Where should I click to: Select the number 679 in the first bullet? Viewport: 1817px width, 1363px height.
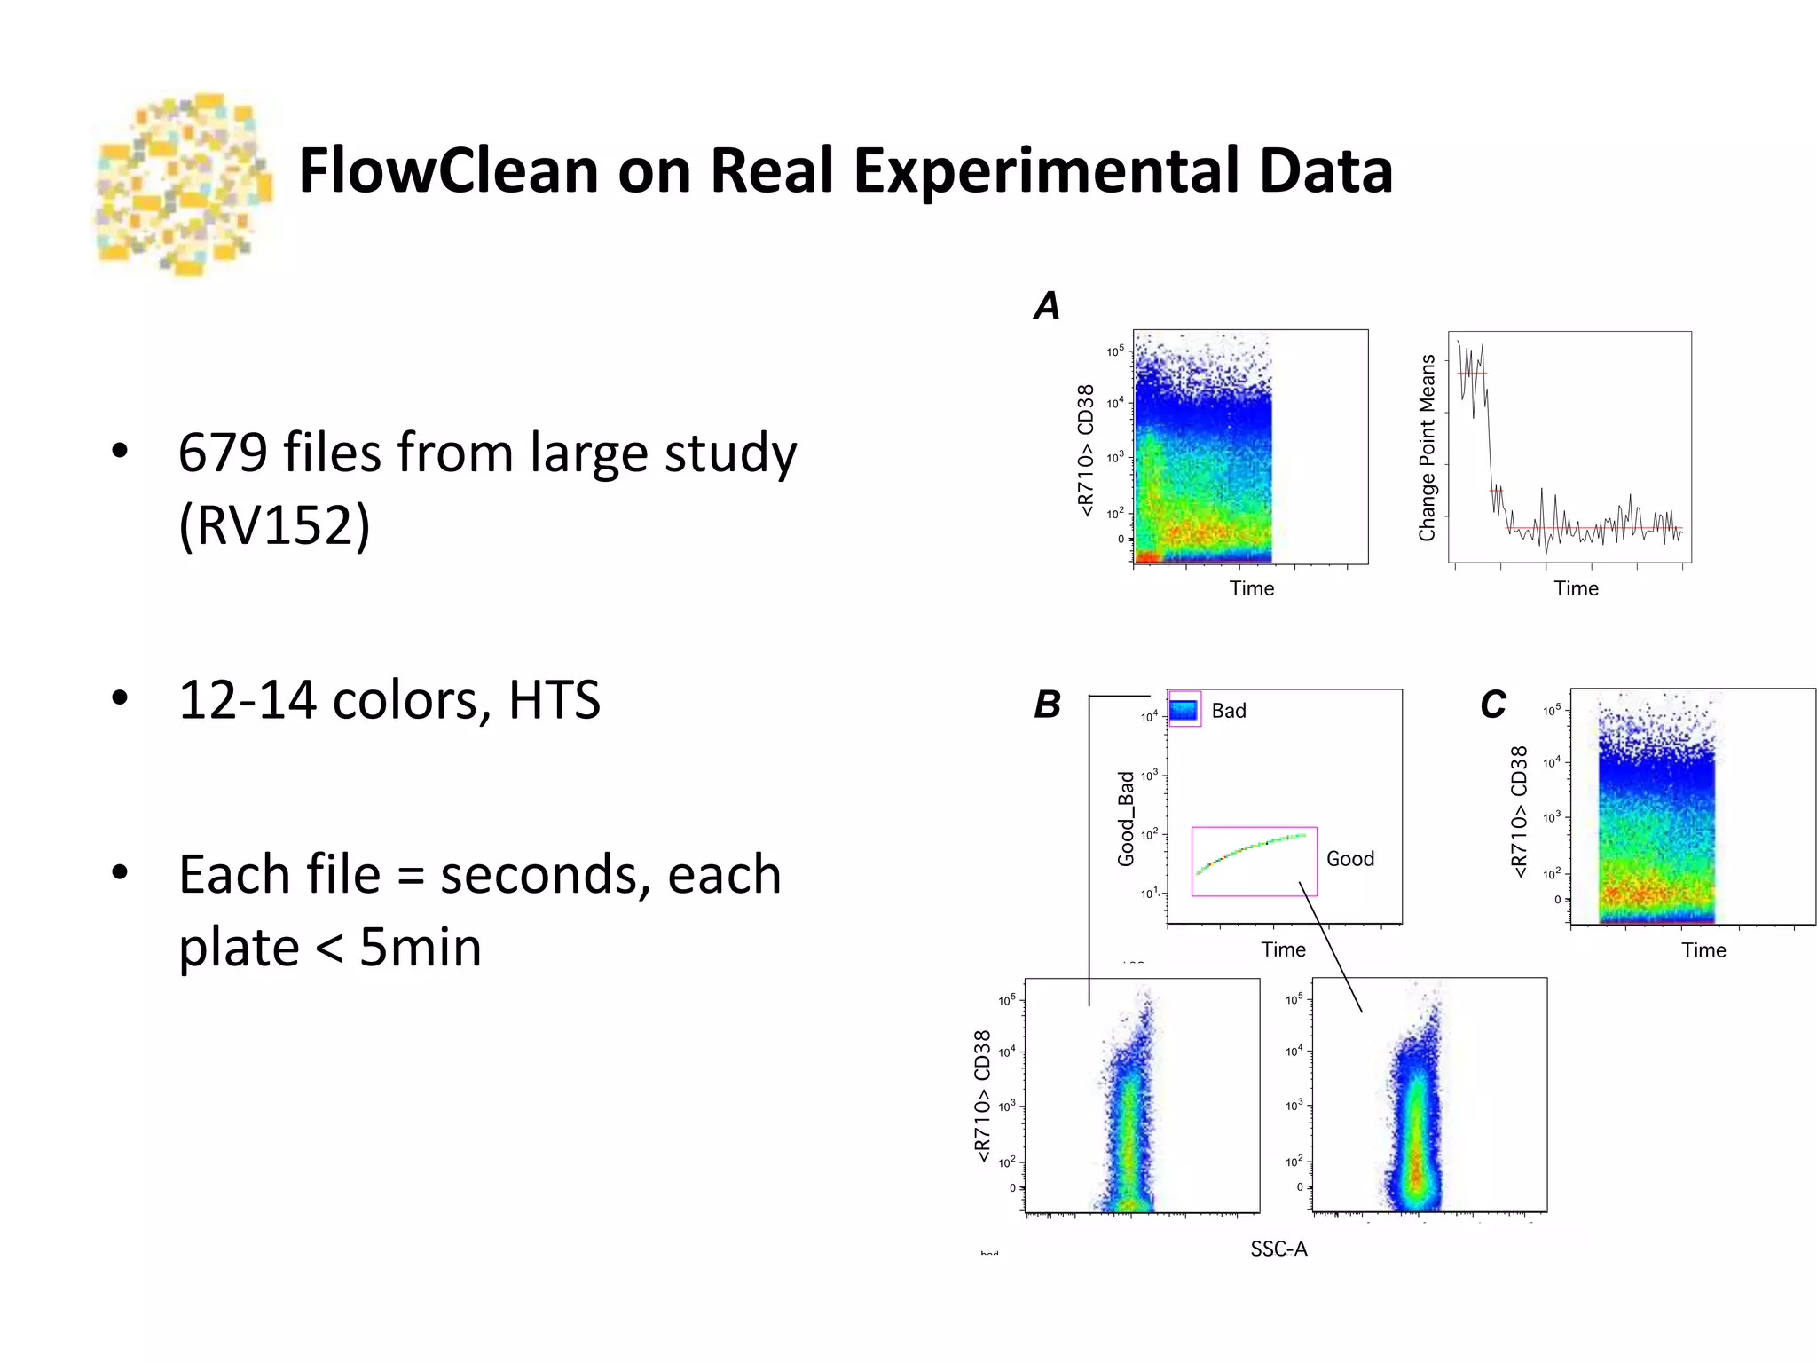tap(223, 453)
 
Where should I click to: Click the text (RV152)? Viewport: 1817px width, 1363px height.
tap(274, 525)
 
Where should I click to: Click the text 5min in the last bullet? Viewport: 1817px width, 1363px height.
tap(420, 948)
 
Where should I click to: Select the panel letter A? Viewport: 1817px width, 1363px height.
tap(1047, 306)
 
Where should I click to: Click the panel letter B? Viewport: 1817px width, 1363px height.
tap(1048, 705)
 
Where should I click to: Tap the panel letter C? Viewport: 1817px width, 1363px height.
tap(1493, 705)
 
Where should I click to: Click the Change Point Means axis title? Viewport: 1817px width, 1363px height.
tap(1427, 448)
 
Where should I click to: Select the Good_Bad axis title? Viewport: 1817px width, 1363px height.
tap(1126, 819)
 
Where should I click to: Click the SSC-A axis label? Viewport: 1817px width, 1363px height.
tap(1278, 1249)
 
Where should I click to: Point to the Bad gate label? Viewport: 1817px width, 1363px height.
tap(1229, 711)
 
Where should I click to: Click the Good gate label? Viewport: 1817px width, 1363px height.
tap(1349, 859)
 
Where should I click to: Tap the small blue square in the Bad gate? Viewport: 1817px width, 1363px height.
tap(1184, 710)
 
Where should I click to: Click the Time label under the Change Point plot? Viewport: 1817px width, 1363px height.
tap(1576, 589)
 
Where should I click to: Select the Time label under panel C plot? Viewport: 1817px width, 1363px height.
tap(1703, 950)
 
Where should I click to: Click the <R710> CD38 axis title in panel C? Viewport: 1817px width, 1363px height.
tap(1520, 812)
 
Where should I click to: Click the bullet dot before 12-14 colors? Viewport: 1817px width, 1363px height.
tap(120, 697)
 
